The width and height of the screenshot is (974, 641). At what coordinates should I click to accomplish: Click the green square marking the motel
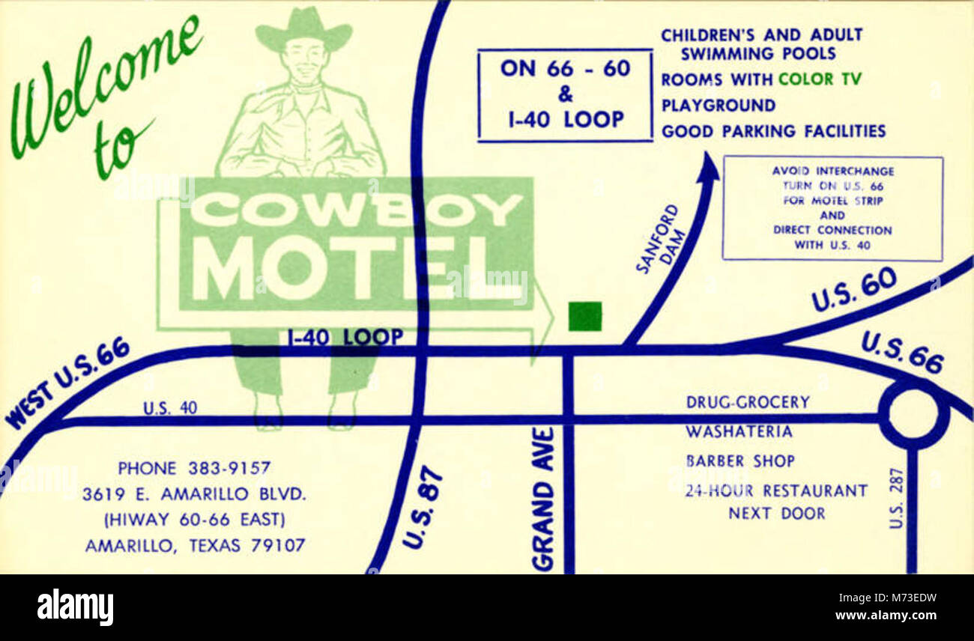click(x=584, y=316)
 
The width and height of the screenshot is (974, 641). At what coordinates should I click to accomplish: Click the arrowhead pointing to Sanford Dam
click(x=707, y=167)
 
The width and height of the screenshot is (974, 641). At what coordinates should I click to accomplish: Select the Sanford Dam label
click(x=657, y=238)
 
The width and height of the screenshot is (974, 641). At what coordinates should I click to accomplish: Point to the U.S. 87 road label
click(x=422, y=507)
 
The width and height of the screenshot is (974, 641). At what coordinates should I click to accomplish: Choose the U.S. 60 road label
click(x=853, y=289)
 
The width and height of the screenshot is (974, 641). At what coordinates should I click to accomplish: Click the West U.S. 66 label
click(x=67, y=382)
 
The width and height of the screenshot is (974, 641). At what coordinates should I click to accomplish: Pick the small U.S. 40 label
click(x=170, y=408)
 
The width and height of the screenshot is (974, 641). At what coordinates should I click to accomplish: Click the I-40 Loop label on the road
click(x=345, y=338)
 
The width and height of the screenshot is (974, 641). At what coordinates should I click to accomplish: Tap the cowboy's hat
click(x=303, y=29)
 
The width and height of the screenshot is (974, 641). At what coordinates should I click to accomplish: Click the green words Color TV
click(x=820, y=79)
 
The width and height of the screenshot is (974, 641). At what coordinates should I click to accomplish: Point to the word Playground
click(x=718, y=105)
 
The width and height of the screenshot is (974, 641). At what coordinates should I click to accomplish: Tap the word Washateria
click(x=738, y=432)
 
